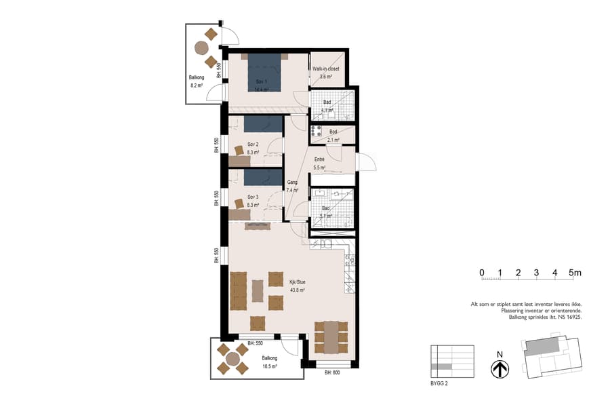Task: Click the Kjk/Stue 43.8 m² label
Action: [297, 286]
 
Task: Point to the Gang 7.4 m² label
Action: [293, 187]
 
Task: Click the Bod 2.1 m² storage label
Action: [333, 136]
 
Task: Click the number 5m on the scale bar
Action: [575, 273]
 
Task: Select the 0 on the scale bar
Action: [482, 273]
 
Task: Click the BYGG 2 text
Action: [440, 383]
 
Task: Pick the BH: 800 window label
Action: [332, 373]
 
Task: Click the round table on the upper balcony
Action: [201, 47]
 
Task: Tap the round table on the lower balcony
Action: [232, 358]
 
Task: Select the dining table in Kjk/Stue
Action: [331, 337]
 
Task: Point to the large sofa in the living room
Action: [239, 290]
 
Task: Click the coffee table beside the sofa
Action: [258, 291]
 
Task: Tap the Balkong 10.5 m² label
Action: [269, 362]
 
